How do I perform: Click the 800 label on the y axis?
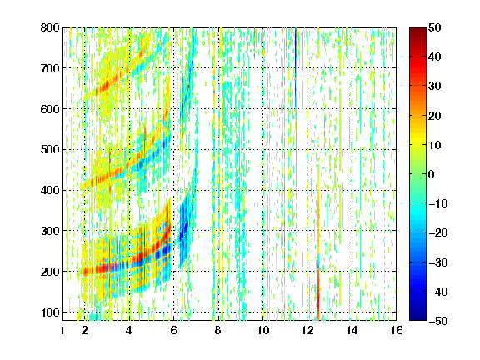pos(50,27)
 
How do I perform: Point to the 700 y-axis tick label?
pos(50,68)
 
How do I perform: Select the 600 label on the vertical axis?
pos(50,109)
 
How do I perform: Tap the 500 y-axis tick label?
pos(50,150)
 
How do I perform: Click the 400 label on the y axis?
pos(50,190)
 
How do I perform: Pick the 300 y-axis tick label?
pos(50,231)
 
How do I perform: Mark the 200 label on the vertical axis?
pos(50,272)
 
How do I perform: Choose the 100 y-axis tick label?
pos(50,312)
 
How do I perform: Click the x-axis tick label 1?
pos(62,330)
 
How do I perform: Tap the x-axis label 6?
pos(174,330)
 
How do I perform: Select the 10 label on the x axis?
pos(263,330)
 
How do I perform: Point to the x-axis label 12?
pos(307,330)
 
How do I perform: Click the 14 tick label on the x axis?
pos(352,330)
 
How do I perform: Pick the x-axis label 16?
pos(397,330)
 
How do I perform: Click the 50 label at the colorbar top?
pos(434,27)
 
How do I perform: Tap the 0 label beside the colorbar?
pos(432,174)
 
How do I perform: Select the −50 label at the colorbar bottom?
pos(438,321)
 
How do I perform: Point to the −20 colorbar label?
pos(438,232)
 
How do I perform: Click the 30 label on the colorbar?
pos(434,86)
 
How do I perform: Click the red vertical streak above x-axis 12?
pos(318,294)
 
